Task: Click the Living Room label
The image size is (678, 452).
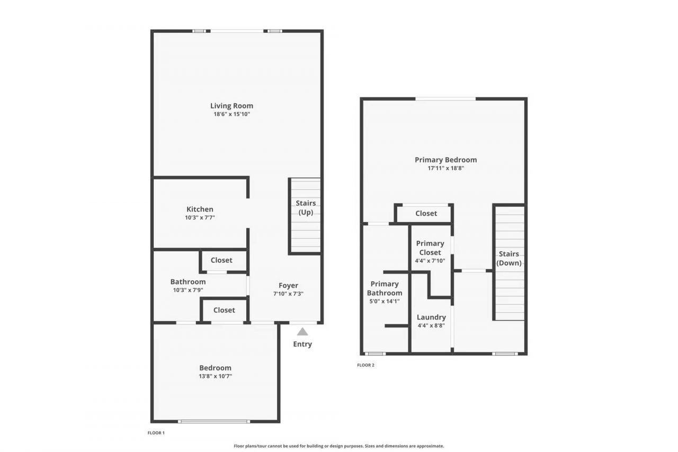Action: (231, 105)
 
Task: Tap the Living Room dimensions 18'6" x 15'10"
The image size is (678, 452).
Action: (231, 114)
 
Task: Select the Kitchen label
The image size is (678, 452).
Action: (200, 209)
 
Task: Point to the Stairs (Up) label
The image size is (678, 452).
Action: (306, 208)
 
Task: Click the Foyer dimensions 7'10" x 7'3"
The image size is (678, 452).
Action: (288, 294)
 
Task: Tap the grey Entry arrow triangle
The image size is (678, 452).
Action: (302, 332)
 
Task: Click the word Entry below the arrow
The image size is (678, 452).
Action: (302, 344)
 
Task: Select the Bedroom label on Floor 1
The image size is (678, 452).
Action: (215, 368)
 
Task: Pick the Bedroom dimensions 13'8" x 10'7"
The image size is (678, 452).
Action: (215, 376)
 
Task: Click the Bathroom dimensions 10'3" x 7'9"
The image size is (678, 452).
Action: (188, 290)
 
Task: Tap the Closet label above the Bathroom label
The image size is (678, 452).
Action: (221, 260)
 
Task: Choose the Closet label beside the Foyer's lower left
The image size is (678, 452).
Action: (224, 310)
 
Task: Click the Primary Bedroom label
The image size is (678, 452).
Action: (445, 159)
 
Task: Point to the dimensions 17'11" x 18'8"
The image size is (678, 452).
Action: (445, 168)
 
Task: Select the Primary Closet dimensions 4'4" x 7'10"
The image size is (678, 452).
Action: (430, 261)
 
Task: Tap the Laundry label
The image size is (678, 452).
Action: (431, 317)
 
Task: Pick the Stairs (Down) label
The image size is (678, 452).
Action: (508, 259)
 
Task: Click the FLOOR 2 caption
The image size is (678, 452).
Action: (365, 365)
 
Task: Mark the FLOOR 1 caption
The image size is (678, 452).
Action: (156, 433)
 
